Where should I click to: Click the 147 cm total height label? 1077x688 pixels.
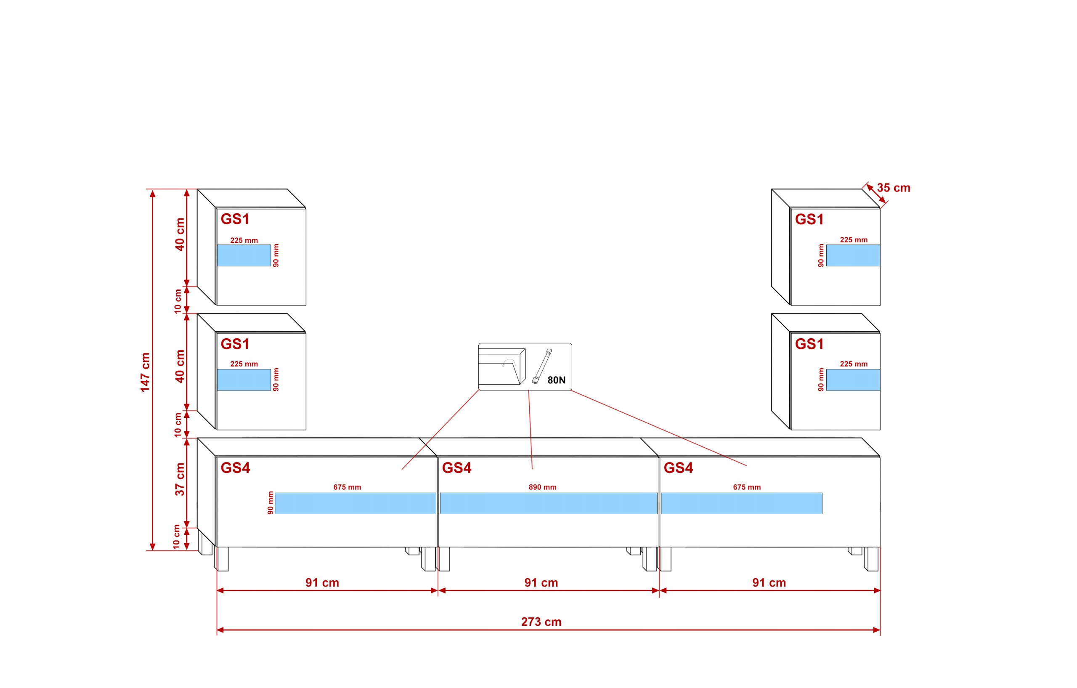coord(145,372)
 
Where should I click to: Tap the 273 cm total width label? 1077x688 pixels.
coord(541,622)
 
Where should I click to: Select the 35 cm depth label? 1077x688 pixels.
coord(893,188)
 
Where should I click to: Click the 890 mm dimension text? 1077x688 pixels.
coord(542,487)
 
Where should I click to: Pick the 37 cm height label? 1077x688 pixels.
coord(180,479)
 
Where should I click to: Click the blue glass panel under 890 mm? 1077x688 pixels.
coord(548,503)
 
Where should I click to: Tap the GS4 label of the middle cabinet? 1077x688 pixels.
coord(456,468)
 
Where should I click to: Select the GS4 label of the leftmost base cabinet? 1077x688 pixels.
coord(235,468)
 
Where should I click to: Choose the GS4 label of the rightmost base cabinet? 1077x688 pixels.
coord(678,468)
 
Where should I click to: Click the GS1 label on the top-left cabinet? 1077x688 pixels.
coord(235,219)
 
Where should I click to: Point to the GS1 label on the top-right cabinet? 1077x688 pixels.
coord(809,219)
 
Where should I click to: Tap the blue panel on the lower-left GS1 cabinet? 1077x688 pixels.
coord(244,380)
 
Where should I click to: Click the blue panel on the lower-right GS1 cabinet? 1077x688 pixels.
coord(852,380)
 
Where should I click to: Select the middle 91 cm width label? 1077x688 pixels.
coord(541,582)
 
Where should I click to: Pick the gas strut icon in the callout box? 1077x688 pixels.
coord(541,366)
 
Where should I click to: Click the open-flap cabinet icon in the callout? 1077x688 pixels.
coord(501,367)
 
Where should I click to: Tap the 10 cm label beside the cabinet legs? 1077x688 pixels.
coord(177,537)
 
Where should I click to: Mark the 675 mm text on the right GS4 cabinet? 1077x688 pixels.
coord(746,487)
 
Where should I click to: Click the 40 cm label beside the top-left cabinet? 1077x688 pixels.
coord(180,234)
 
